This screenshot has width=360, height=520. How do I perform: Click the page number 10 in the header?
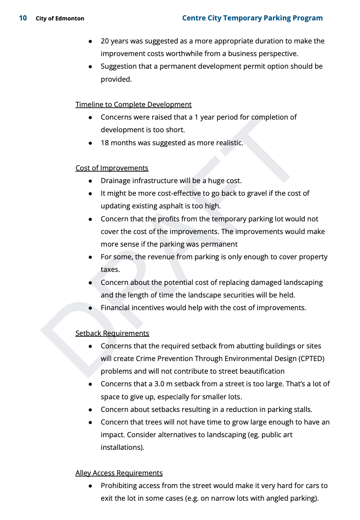(23, 18)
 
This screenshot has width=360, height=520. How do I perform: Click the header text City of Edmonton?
(60, 18)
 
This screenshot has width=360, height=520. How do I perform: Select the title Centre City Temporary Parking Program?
(252, 18)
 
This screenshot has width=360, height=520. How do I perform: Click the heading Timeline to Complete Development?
(133, 104)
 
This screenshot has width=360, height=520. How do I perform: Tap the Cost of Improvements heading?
(112, 168)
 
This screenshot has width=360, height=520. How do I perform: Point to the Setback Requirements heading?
(112, 333)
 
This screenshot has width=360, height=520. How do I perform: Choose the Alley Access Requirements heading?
(119, 473)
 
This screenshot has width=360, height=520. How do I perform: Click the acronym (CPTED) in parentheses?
(311, 358)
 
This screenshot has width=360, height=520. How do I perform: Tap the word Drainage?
(115, 181)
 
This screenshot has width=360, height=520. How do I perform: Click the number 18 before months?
(105, 143)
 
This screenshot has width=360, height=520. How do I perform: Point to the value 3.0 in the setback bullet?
(159, 384)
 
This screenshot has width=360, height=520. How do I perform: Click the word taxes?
(110, 269)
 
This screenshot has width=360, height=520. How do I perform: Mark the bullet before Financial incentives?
(90, 308)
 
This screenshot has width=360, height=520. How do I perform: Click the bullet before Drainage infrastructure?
(90, 181)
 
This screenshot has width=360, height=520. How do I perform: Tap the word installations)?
(122, 447)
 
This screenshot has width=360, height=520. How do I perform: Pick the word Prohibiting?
(120, 485)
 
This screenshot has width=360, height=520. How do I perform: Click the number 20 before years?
(105, 41)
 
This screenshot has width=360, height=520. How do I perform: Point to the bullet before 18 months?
(90, 143)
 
